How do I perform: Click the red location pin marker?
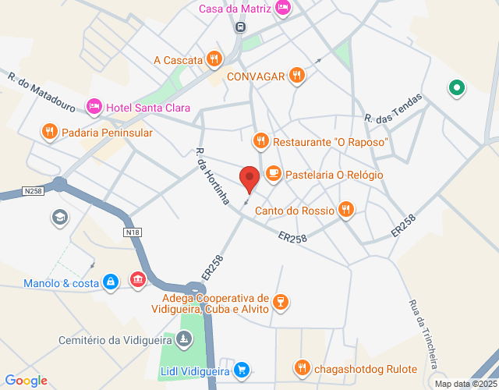pos(249,179)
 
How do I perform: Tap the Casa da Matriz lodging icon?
pos(283,9)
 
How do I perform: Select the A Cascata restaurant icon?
pos(214,59)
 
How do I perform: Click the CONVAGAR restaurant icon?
pos(296,76)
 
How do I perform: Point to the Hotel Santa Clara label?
pos(148,108)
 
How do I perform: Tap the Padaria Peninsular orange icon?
pos(49,133)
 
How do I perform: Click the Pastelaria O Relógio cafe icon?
pos(273,174)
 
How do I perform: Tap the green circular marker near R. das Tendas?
pos(455,89)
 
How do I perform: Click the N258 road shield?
pos(33,190)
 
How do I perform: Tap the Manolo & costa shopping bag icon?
pos(111,280)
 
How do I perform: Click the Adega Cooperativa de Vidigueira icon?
pos(281,300)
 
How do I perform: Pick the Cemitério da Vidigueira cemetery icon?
pos(183,339)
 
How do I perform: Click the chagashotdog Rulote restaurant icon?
pos(302,367)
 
